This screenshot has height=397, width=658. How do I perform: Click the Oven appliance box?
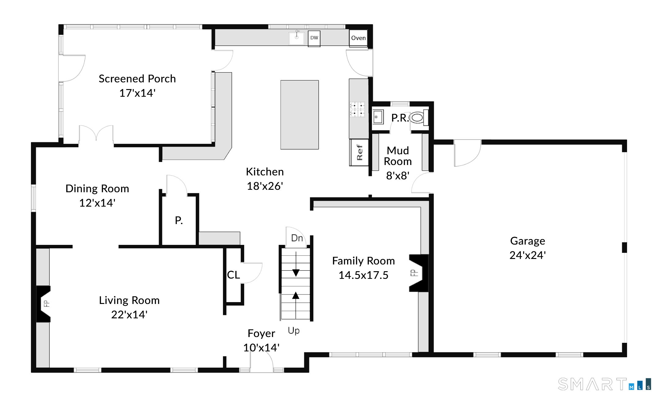[x=358, y=38]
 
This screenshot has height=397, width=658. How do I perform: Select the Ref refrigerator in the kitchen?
[x=359, y=152]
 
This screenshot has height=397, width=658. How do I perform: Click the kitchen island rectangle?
[x=300, y=115]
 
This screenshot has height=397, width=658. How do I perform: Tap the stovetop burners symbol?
[x=357, y=109]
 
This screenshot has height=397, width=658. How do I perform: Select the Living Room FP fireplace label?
[x=46, y=304]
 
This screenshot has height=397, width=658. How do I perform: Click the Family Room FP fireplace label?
[x=414, y=273]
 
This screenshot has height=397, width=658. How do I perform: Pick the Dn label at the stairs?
[x=297, y=238]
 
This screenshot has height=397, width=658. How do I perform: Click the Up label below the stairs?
[x=294, y=331]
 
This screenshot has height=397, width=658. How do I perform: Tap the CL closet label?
[x=233, y=275]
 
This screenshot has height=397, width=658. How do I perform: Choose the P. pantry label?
[x=179, y=220]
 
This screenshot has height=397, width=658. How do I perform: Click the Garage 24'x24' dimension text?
[x=528, y=255]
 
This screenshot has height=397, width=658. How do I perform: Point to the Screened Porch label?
[x=137, y=79]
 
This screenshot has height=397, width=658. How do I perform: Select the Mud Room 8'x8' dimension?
[x=398, y=175]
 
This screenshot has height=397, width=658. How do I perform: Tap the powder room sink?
[x=378, y=117]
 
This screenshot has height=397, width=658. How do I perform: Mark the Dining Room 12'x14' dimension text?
[x=97, y=203]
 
